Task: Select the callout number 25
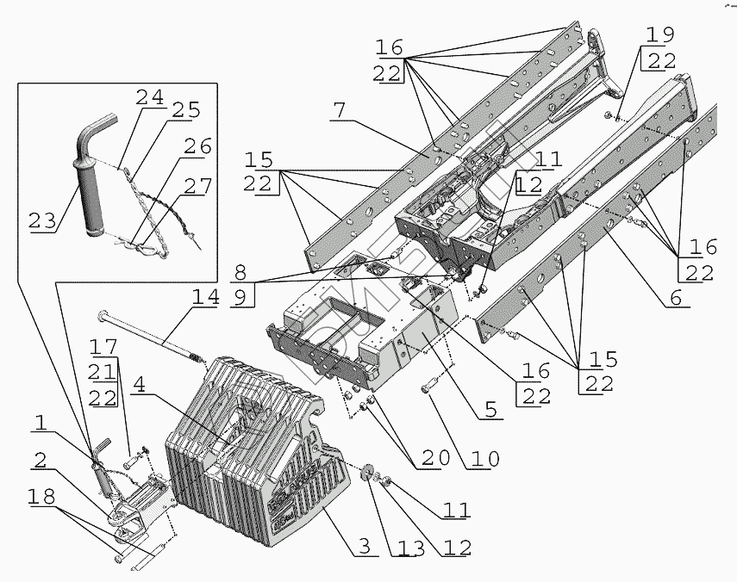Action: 185,109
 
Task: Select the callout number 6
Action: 676,299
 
